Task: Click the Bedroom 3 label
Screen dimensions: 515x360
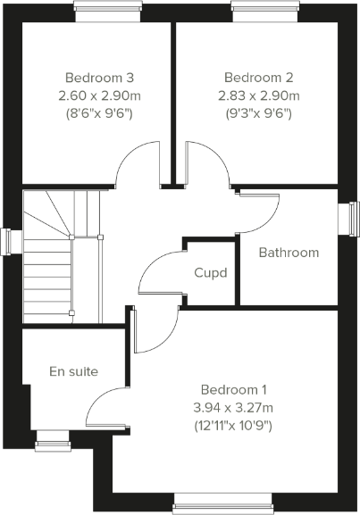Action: pos(99,78)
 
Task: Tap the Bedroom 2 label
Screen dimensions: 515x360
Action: pos(259,78)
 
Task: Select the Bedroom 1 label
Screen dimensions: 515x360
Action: pos(234,390)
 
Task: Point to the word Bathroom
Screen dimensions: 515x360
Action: pos(289,253)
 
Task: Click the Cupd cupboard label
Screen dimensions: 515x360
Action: pos(211,272)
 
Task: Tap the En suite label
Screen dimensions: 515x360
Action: pos(73,370)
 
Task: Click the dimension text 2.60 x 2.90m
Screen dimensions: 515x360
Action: pos(99,96)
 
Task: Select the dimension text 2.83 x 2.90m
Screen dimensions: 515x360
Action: pos(259,96)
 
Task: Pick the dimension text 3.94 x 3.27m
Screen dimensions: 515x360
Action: pos(234,408)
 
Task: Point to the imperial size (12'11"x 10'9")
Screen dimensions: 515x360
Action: pos(234,426)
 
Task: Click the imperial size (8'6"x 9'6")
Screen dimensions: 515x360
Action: pos(99,113)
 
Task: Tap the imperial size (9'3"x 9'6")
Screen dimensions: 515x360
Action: pos(259,113)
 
